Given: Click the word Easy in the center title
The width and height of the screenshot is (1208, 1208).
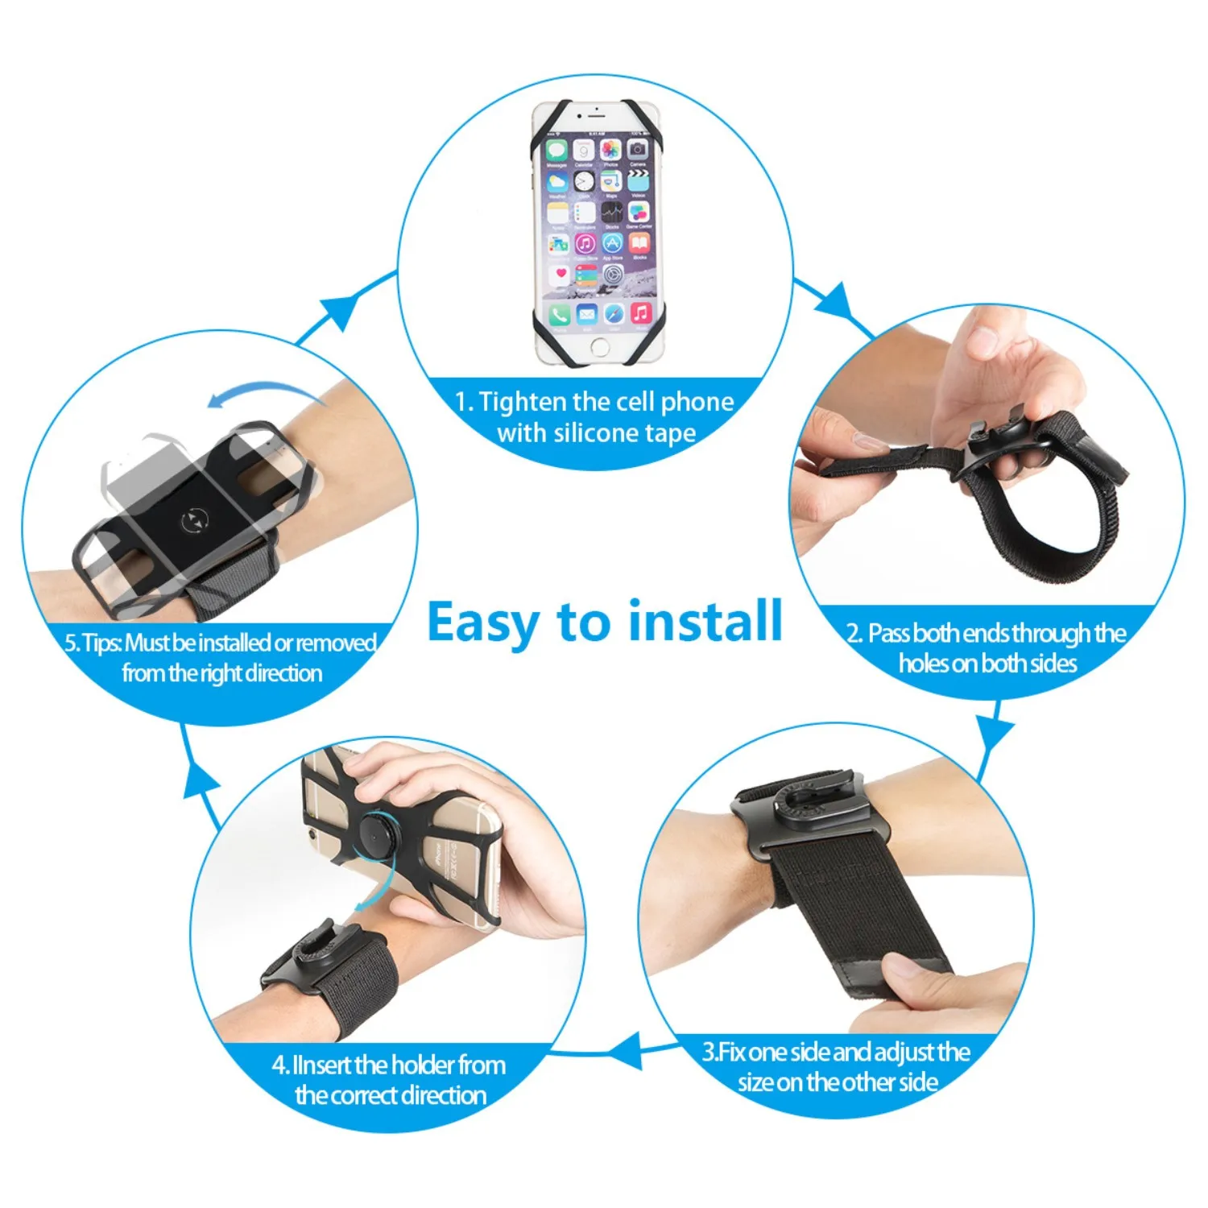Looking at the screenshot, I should point(483,623).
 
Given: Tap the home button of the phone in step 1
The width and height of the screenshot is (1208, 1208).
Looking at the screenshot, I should point(599,348).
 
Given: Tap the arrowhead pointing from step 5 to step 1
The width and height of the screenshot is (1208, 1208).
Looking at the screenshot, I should point(338,310).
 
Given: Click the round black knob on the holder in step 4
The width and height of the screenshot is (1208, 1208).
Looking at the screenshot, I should point(375,836).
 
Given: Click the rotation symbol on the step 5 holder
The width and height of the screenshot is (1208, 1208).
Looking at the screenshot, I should point(195,521).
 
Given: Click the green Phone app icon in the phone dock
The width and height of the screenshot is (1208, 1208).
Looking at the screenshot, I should point(560,313).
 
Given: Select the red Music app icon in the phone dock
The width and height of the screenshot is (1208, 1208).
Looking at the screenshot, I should point(640,312).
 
